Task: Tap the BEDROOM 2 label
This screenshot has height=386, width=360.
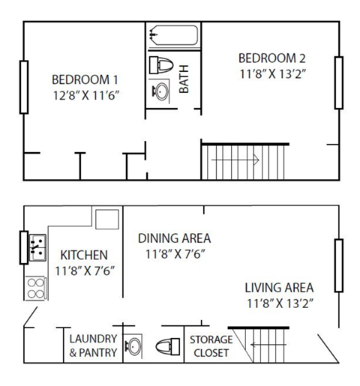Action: (271, 58)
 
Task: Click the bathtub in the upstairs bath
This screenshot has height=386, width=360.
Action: (173, 35)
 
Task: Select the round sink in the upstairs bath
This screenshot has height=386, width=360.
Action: (160, 92)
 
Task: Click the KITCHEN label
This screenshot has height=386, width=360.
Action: (83, 255)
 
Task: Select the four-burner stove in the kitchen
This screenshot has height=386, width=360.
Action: (34, 288)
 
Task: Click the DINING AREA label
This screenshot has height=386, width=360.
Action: (174, 238)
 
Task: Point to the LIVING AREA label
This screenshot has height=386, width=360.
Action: (279, 287)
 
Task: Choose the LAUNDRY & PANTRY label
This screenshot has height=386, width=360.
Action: (93, 346)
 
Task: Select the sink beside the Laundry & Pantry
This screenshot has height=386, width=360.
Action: (133, 347)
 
